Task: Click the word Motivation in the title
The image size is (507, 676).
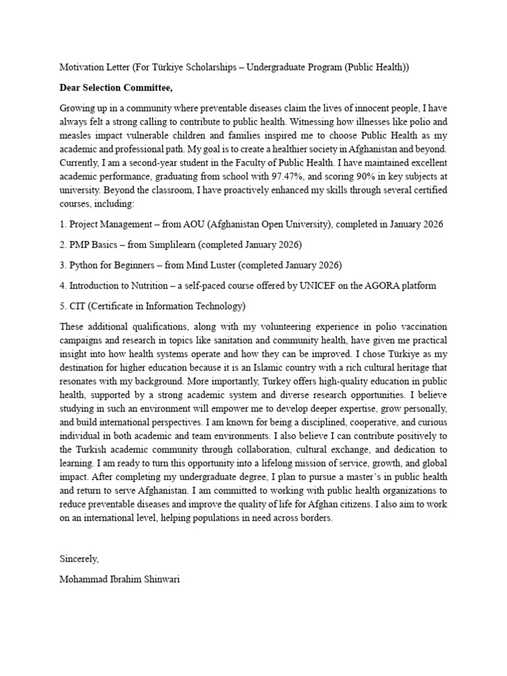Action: [x=82, y=67]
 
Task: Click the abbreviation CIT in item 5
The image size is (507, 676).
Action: [x=77, y=306]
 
